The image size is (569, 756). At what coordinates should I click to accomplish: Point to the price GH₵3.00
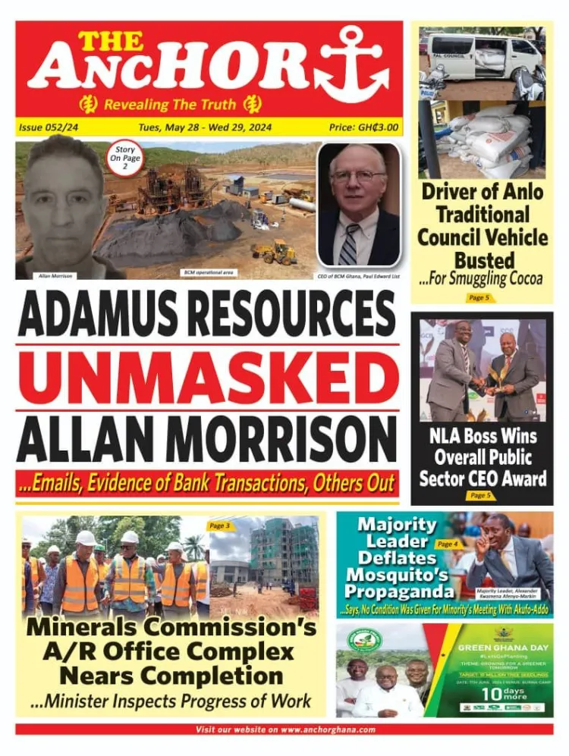363,127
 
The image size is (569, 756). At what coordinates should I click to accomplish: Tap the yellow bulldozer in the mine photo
275,253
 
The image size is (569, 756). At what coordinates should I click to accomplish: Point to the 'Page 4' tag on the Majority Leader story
448,544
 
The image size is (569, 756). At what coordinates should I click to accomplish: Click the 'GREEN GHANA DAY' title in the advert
499,648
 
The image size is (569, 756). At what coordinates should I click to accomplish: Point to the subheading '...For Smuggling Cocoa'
481,279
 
